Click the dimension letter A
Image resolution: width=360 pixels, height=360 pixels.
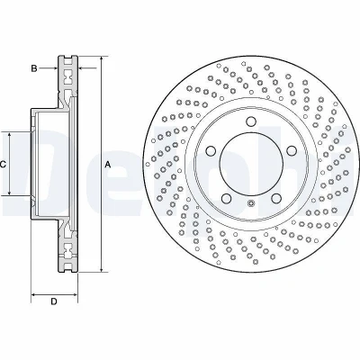coord(108,165)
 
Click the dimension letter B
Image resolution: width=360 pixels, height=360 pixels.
coord(34,68)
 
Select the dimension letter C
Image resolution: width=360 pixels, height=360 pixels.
coord(3,165)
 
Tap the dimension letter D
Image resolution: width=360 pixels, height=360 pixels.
coord(54,301)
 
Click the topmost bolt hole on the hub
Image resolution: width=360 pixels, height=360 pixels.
coord(251,121)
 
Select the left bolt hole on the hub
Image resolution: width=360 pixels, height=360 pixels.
coord(211,150)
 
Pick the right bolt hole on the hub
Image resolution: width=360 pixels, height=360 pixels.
coord(292,150)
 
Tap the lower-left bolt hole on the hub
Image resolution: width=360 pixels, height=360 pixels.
coord(226,198)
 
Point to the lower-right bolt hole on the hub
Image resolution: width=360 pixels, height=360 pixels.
coord(276,198)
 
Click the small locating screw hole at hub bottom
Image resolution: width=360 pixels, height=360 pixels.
coord(251,203)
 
